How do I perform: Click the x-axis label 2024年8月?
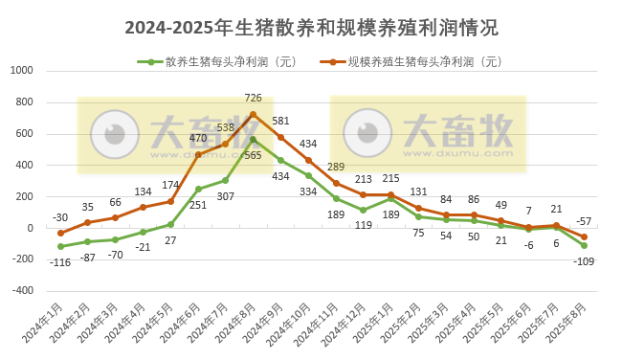click(238, 325)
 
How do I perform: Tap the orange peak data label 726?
click(253, 98)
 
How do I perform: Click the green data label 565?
click(253, 156)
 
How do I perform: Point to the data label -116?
click(59, 261)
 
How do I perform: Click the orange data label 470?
click(198, 138)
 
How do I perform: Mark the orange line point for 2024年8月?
click(253, 114)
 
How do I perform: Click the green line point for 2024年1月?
click(60, 246)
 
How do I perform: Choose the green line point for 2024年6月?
click(198, 189)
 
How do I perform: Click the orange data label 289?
click(336, 167)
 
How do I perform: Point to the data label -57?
click(585, 221)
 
